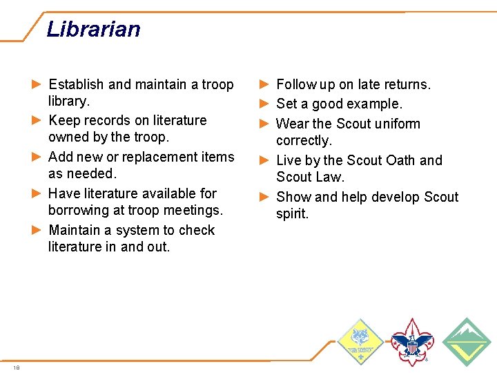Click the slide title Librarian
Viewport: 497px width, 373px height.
[x=93, y=29]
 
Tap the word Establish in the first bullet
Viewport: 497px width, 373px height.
[x=77, y=84]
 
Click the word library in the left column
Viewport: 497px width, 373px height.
[x=68, y=101]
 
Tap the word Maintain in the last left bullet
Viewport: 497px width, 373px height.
[x=75, y=230]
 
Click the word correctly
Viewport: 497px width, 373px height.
[x=304, y=140]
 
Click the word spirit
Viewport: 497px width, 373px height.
[x=292, y=213]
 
